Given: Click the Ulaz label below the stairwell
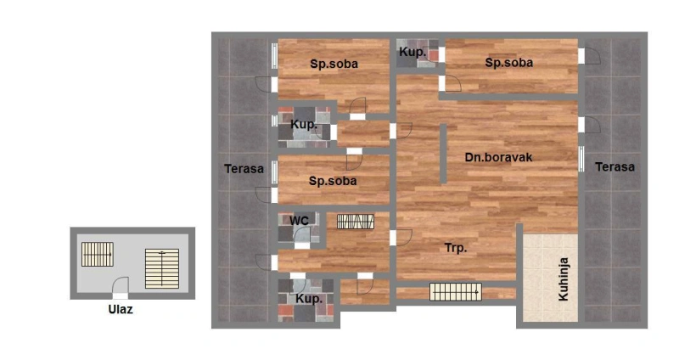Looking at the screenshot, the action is coord(121,309).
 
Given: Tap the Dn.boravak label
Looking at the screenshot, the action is coord(498,157).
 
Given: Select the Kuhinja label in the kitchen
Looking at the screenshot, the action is coord(563,279).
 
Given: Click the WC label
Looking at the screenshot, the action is coord(299,221).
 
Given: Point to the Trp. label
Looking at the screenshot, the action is coord(456,248).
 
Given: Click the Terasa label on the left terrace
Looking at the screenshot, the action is coord(244,168).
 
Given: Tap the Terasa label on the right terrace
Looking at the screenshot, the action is coord(614,166).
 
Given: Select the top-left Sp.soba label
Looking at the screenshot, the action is coord(334,65).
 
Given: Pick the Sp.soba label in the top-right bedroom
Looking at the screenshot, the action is coord(508,63).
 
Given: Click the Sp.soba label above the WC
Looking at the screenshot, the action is coord(333,181).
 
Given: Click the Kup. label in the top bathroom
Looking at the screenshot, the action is coord(412,53).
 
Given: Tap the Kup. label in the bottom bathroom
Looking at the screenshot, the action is coord(309,299).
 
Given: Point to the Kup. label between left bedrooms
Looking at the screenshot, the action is coord(304,125).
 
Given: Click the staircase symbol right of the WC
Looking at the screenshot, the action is coord(356,222).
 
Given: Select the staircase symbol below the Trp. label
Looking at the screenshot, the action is coord(456,292).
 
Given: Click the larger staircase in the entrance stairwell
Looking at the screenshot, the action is coord(162,268).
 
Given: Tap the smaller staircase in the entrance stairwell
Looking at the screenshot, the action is coord(98,255).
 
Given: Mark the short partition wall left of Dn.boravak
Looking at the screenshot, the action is coord(443,154).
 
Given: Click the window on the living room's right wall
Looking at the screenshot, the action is coord(581,159).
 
